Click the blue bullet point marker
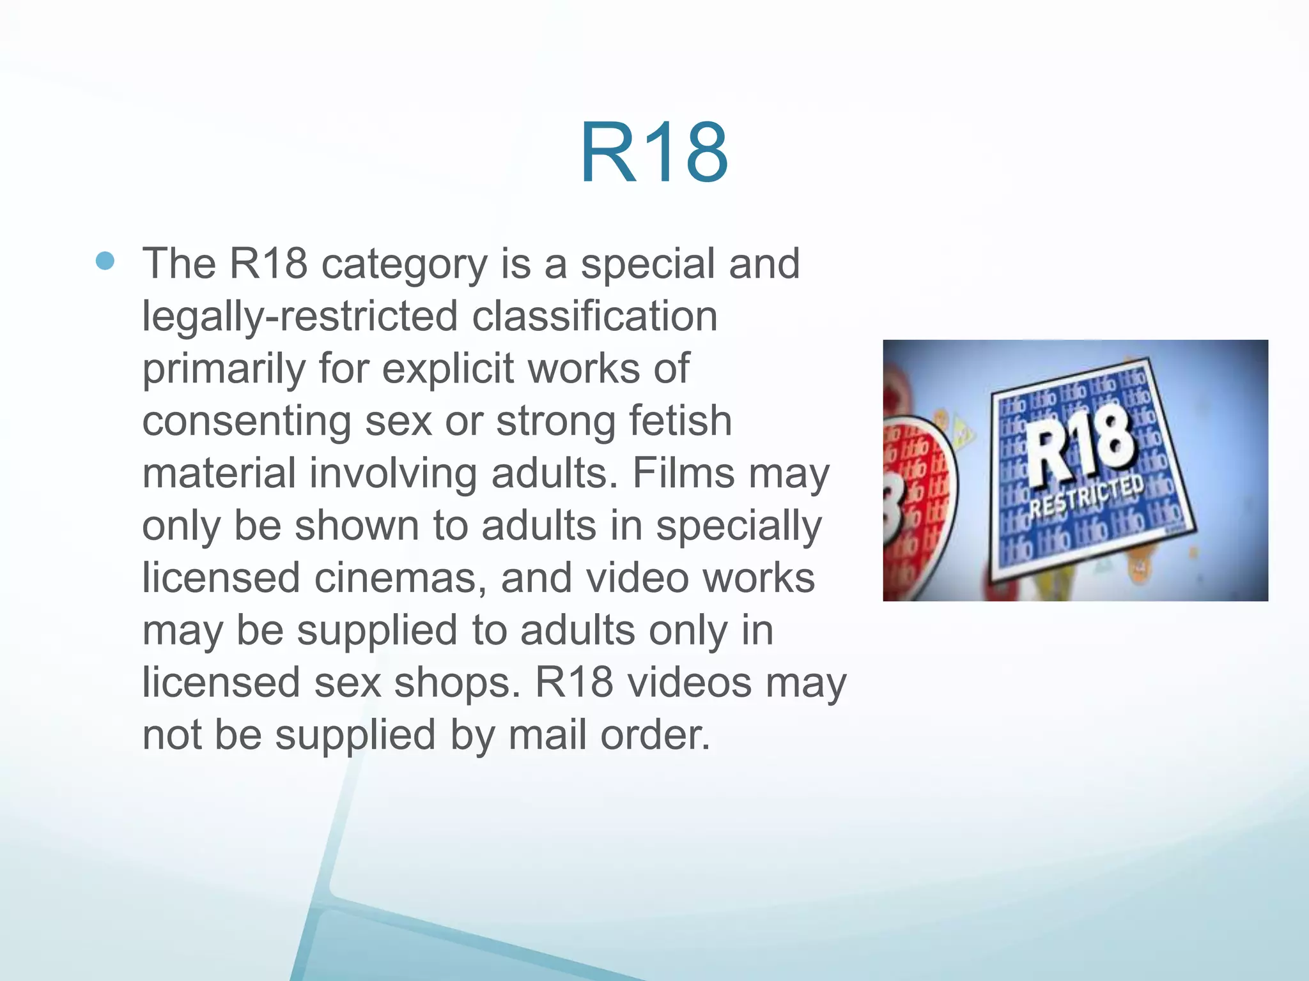pos(105,261)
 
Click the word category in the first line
pos(404,264)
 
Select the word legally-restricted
pos(300,317)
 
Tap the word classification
pos(594,316)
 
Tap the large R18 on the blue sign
pos(1080,447)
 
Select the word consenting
pos(246,422)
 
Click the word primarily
pos(223,370)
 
